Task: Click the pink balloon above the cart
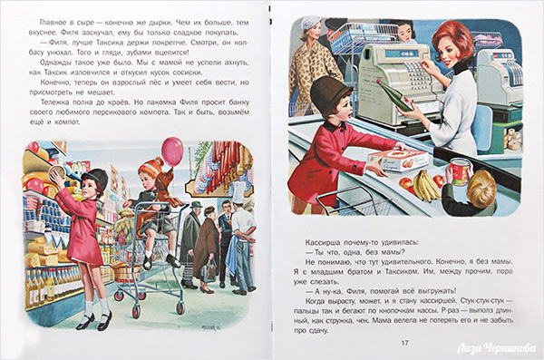coord(172,151)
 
